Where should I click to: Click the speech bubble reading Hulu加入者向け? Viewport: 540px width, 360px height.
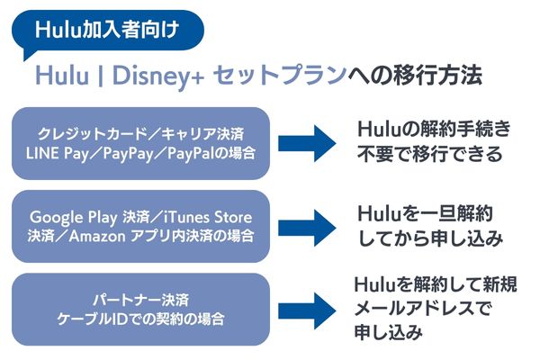click(107, 31)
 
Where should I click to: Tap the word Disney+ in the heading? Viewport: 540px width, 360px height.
click(158, 76)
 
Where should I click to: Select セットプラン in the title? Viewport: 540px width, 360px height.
click(280, 75)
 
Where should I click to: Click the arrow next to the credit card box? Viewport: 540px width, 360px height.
click(307, 144)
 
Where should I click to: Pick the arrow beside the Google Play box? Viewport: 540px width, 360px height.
click(307, 228)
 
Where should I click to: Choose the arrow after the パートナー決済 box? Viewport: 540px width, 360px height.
click(307, 311)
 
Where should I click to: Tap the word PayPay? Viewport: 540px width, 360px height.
click(128, 154)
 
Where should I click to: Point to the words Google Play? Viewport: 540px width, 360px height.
click(74, 218)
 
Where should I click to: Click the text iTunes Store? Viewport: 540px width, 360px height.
click(208, 218)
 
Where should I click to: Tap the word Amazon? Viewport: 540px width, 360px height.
click(97, 237)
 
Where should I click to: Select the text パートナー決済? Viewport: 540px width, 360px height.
click(141, 301)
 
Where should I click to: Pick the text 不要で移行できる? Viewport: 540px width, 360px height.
click(430, 154)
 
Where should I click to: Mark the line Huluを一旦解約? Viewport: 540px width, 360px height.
click(425, 213)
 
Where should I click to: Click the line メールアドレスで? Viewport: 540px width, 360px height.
click(421, 309)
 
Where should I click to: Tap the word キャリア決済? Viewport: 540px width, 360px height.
click(202, 134)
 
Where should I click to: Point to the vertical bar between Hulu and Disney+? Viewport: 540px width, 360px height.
click(100, 76)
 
